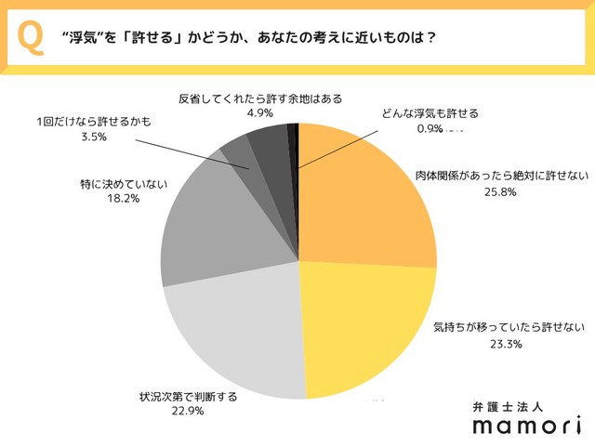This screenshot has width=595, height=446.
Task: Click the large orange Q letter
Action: click(x=30, y=38)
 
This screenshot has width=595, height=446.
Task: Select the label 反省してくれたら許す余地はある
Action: click(x=251, y=98)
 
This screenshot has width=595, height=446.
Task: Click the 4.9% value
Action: click(x=252, y=113)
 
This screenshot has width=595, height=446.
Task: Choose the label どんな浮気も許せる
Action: click(x=430, y=113)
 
